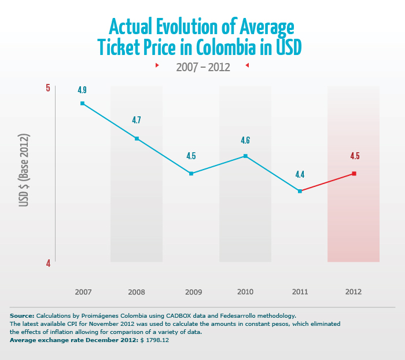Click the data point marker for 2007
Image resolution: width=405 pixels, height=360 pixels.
pos(82,104)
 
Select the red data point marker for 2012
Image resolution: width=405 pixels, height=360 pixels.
pos(354,174)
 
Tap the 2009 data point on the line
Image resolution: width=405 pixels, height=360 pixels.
pos(191,174)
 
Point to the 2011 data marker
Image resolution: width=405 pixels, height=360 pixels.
pos(300,191)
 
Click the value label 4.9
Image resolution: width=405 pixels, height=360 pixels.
pos(82,90)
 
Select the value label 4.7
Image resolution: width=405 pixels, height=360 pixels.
pos(137,120)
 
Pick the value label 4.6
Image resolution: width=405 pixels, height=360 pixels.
pos(245,140)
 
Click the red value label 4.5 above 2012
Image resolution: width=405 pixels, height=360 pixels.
pos(355,156)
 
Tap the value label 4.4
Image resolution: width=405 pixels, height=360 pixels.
pos(300,174)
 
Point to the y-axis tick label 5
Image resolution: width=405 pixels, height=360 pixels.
pos(48,88)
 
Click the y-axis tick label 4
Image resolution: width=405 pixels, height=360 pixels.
pos(48,263)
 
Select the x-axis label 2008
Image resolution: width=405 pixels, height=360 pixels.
pos(137,292)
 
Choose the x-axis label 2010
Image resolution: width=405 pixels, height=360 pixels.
pos(245,292)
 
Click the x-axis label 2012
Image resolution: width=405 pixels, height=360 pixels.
pos(354,292)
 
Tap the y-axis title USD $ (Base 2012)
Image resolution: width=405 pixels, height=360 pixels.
pos(24,170)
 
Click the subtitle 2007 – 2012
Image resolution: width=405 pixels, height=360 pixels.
pos(203,67)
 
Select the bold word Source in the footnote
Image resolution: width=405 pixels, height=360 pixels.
pos(22,315)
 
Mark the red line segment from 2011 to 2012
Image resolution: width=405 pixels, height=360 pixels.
pos(327,182)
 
